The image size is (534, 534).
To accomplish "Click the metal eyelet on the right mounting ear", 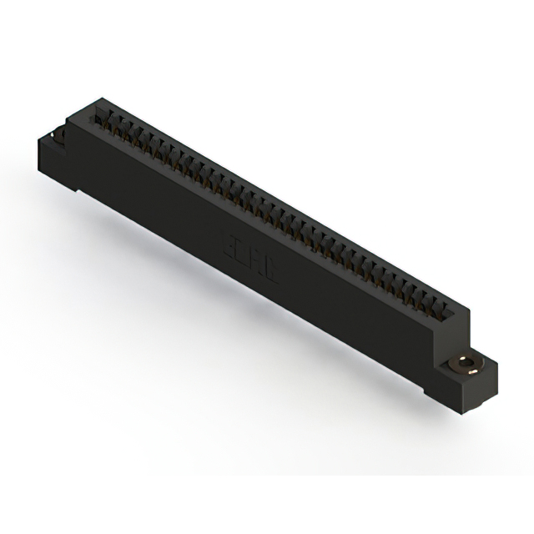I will [x=461, y=365].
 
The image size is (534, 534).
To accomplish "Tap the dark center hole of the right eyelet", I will [x=461, y=365].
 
